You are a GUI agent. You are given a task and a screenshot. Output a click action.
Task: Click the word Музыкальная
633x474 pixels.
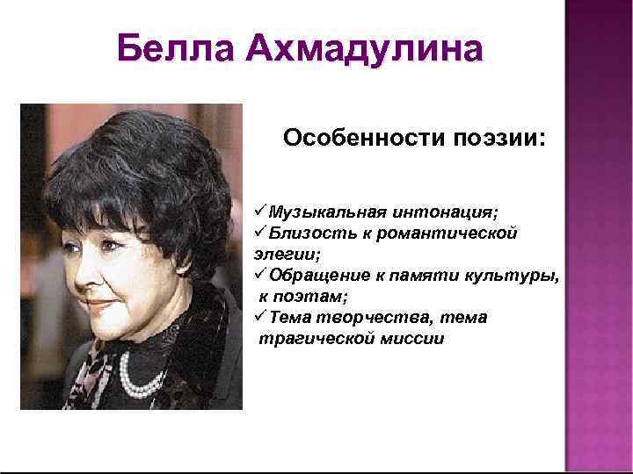(324, 212)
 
